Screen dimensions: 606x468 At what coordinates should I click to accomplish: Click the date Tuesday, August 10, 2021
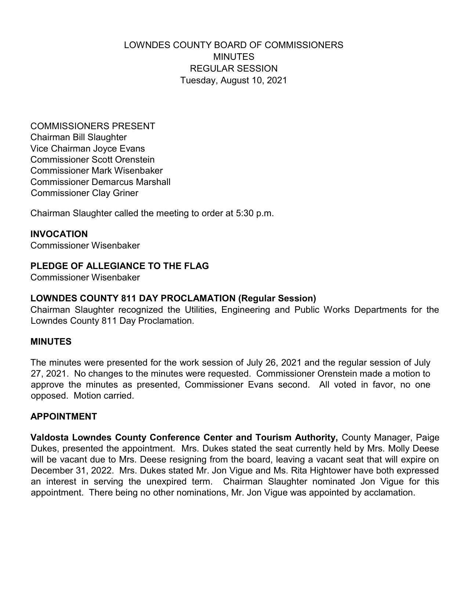(233, 80)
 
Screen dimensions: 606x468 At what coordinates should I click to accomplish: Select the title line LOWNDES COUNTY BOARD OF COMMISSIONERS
(233, 45)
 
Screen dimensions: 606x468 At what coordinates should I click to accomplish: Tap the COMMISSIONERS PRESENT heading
(92, 126)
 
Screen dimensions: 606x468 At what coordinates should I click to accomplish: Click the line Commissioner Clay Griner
(84, 193)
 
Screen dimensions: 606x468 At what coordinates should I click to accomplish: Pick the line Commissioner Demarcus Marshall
(100, 182)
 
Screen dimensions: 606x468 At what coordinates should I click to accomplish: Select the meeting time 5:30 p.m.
(255, 213)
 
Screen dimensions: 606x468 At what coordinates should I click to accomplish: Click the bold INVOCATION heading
(59, 234)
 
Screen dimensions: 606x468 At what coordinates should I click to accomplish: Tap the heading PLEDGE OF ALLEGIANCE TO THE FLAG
(120, 266)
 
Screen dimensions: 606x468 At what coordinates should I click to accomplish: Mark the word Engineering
(246, 310)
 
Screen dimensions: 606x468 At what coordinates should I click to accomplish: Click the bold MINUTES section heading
(51, 342)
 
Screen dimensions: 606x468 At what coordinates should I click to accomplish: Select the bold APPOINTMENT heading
(64, 417)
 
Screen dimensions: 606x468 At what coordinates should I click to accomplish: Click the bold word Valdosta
(50, 438)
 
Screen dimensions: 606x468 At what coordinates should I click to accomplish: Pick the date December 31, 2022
(72, 471)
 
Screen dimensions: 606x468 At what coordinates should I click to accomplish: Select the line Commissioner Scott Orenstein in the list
(92, 160)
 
